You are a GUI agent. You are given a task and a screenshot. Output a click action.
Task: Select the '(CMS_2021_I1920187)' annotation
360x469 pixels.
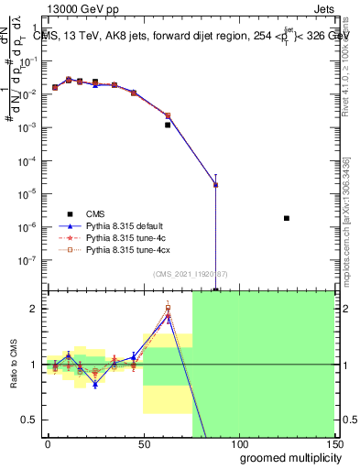pos(190,275)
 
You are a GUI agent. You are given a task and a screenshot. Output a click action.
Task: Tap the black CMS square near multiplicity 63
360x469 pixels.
pos(168,125)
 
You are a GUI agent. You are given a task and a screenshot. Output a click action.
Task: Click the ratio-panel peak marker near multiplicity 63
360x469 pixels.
pos(168,318)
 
